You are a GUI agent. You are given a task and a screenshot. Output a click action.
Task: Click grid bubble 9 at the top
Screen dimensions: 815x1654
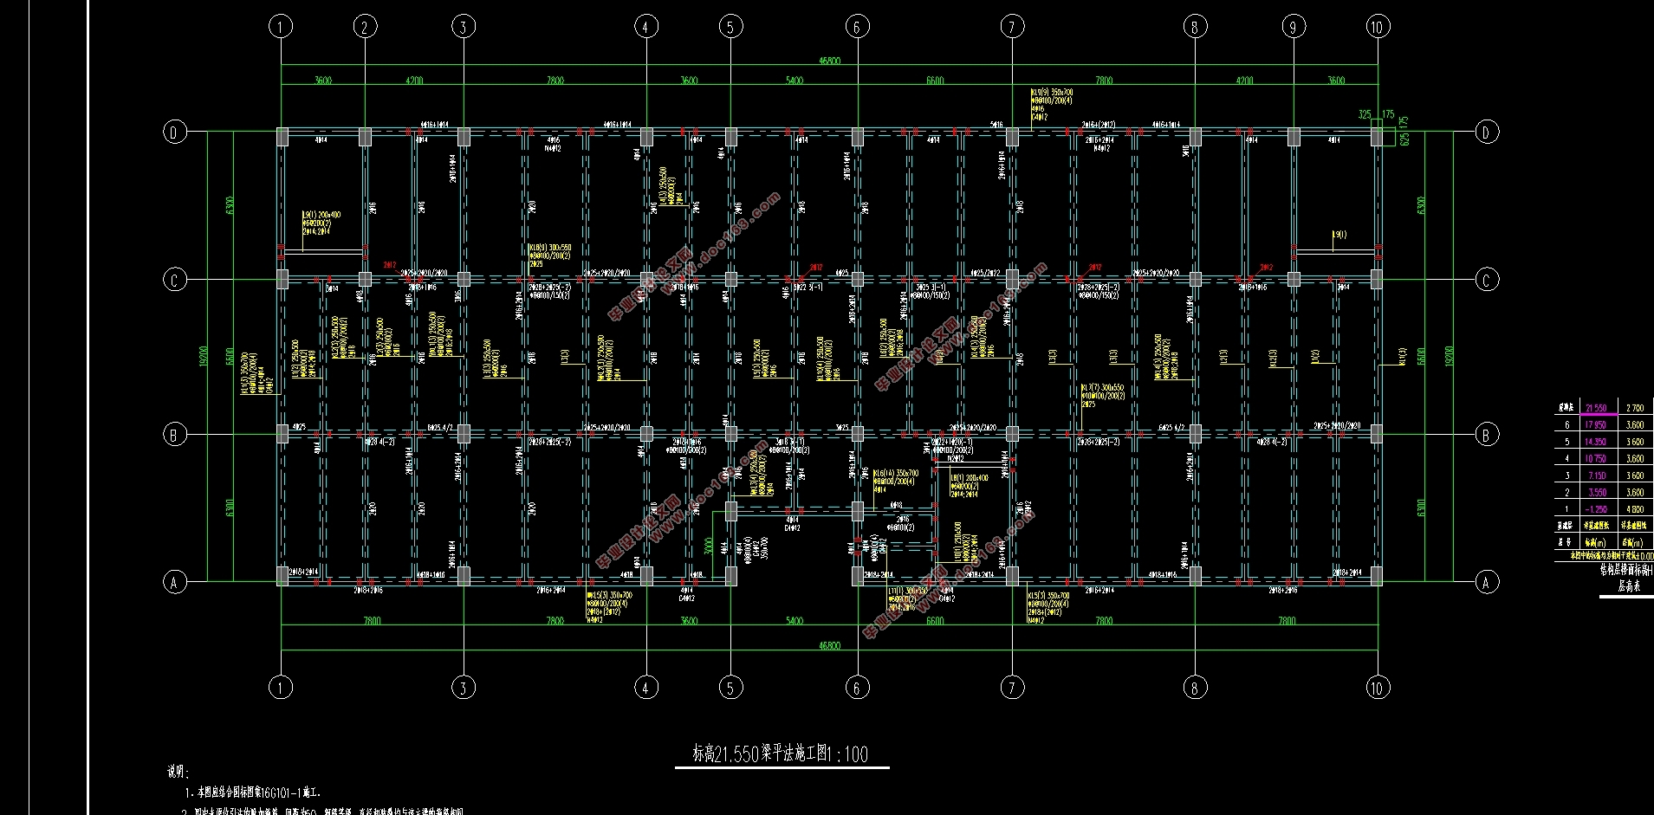coord(1293,27)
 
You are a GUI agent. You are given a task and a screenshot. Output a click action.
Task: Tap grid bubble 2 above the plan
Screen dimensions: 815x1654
coord(365,27)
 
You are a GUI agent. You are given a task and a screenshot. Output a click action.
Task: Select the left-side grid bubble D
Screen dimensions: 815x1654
coord(175,132)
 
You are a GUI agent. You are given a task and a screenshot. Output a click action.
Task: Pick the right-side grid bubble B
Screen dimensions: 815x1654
coord(1487,435)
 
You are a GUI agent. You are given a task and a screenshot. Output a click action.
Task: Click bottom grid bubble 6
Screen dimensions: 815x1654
coord(857,688)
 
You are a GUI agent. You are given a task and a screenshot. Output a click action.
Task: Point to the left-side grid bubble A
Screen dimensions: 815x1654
coord(175,582)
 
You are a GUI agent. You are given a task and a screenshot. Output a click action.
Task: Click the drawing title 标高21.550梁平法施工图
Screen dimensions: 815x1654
coord(780,754)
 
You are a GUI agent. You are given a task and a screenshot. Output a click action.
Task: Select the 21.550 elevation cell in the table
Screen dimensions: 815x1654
coord(1596,408)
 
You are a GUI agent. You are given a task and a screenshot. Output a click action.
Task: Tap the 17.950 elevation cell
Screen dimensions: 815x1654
coord(1596,425)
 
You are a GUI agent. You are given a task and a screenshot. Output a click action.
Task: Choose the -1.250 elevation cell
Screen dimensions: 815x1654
coord(1596,509)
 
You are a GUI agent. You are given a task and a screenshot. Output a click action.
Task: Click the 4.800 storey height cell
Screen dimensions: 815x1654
coord(1634,509)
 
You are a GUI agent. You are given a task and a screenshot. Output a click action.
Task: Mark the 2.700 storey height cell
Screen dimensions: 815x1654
coord(1634,408)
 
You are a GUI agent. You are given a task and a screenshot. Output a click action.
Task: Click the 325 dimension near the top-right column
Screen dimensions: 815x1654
coord(1365,114)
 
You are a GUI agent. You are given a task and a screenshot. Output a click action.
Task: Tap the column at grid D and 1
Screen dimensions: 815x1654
coord(282,136)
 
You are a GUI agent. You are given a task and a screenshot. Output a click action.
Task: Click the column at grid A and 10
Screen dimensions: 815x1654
coord(1377,575)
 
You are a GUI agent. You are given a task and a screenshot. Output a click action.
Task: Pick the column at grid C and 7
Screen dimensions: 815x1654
coord(1012,280)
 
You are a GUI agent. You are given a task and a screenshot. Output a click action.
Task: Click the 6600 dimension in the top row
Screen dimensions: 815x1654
coord(935,81)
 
